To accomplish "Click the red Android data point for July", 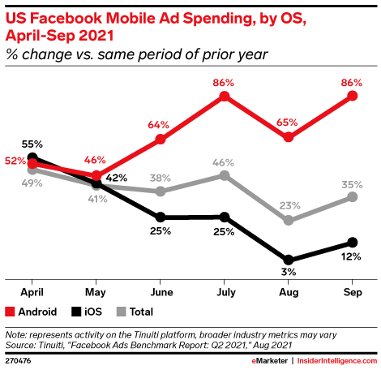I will pyautogui.click(x=225, y=97).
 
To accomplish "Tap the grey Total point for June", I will pyautogui.click(x=161, y=191).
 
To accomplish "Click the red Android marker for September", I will pyautogui.click(x=353, y=96).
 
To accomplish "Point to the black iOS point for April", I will pyautogui.click(x=32, y=157).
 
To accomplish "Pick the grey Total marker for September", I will pyautogui.click(x=353, y=196).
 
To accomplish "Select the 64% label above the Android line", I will pyautogui.click(x=160, y=124).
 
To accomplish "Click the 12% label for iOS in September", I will pyautogui.click(x=353, y=258).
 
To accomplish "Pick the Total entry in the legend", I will pyautogui.click(x=132, y=312).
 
